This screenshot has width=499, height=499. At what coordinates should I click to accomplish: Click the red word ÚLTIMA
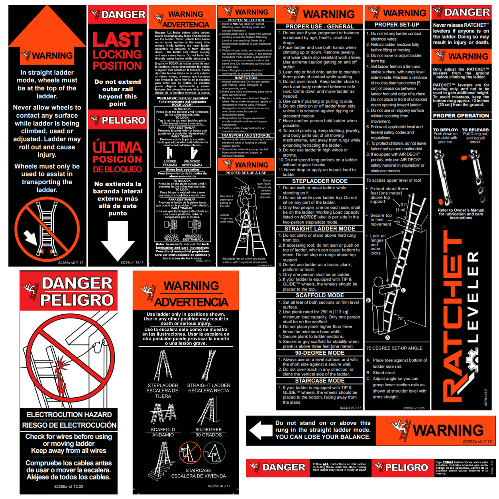click(117, 147)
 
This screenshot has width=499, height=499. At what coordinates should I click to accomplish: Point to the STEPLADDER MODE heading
click(320, 181)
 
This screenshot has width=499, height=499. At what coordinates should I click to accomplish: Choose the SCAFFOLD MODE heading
click(320, 295)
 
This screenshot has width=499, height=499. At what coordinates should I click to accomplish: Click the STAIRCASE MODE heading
click(320, 381)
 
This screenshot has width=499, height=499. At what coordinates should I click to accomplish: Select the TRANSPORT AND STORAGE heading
click(246, 136)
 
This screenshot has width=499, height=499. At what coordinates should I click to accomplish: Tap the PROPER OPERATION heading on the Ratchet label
click(461, 116)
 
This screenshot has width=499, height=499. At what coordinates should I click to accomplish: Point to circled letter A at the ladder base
click(387, 338)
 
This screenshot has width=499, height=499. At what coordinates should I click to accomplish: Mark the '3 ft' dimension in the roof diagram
click(403, 205)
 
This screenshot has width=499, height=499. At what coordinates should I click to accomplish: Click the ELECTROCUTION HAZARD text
click(69, 415)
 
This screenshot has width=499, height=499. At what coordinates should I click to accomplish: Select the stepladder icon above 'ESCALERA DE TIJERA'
click(163, 366)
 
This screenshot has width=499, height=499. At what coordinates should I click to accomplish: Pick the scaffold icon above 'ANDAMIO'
click(163, 414)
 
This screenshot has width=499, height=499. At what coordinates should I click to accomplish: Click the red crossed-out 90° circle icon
click(189, 453)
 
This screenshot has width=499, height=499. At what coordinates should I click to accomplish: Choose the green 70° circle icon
click(214, 453)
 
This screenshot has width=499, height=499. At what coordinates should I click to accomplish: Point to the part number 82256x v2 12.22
click(69, 487)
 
